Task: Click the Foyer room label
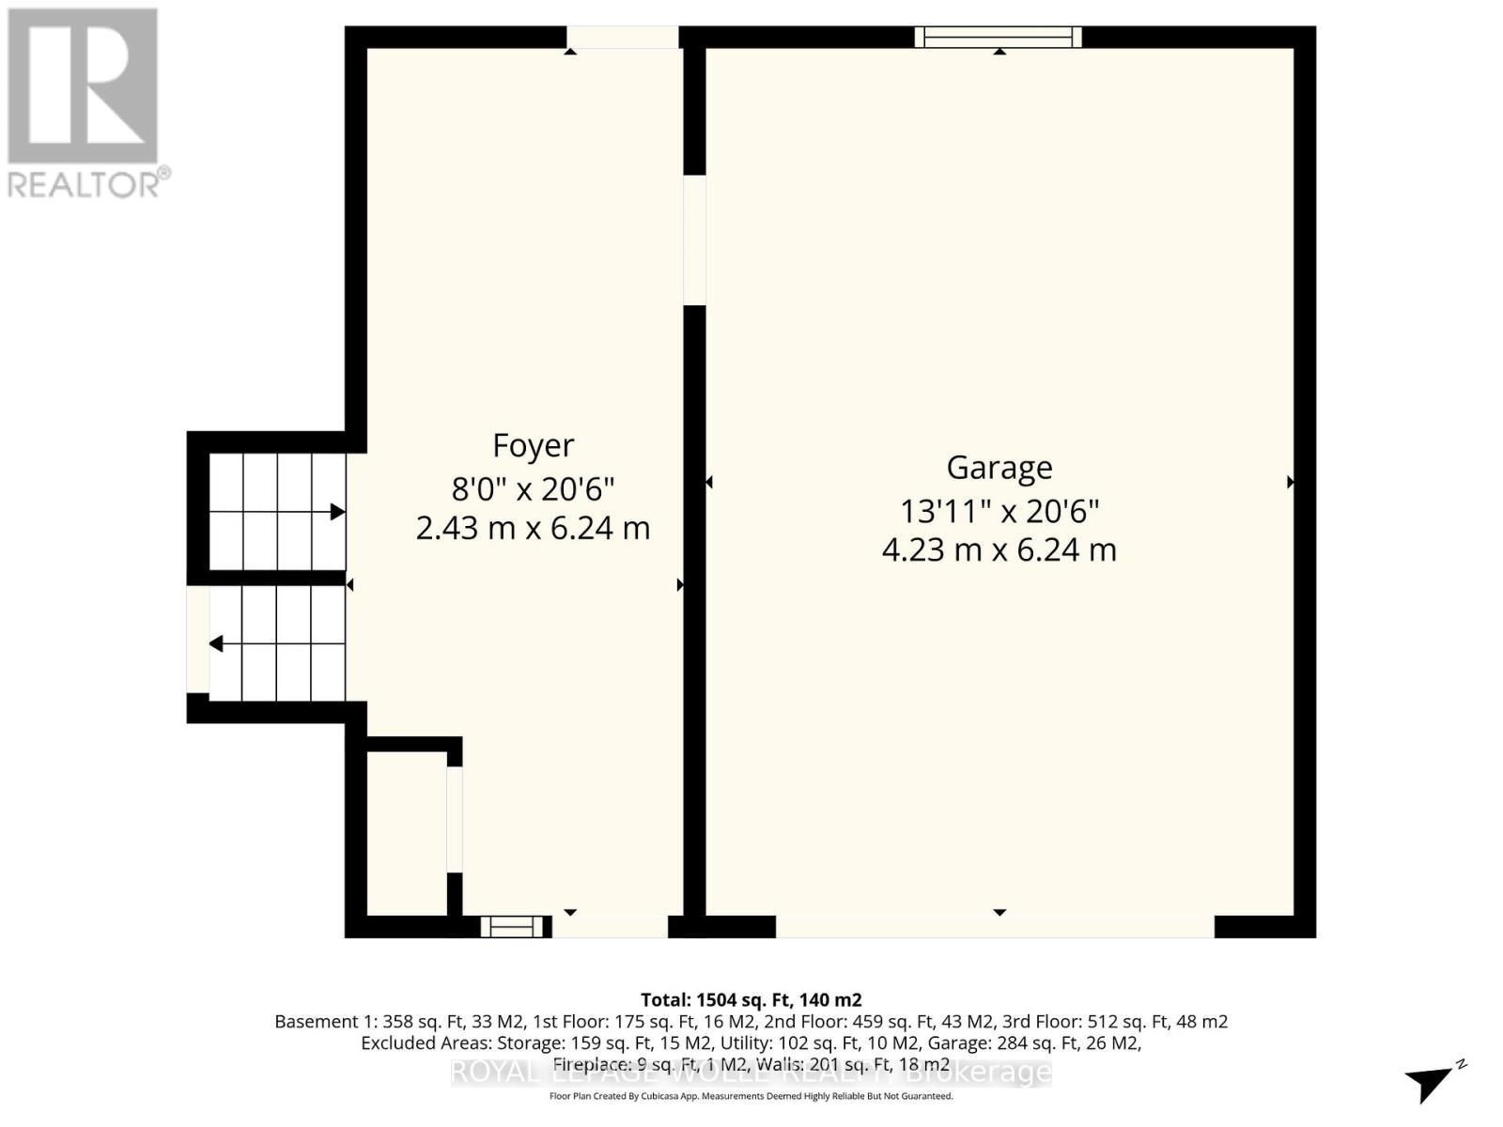click(x=533, y=445)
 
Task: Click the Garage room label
click(x=999, y=467)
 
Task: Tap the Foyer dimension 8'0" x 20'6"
click(x=533, y=488)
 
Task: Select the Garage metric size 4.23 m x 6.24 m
click(x=999, y=549)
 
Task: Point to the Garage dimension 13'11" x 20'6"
click(x=999, y=511)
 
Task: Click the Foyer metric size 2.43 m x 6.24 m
click(x=533, y=528)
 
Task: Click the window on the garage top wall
click(x=999, y=38)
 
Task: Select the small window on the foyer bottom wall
click(x=513, y=927)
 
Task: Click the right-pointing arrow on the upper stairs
click(x=336, y=512)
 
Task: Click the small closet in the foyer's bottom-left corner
click(x=406, y=832)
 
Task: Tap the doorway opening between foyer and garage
click(x=694, y=240)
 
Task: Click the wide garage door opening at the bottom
click(x=995, y=926)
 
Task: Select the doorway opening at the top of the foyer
click(x=623, y=38)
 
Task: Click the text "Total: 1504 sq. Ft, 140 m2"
click(x=751, y=1000)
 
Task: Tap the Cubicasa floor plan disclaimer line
click(x=751, y=1096)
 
